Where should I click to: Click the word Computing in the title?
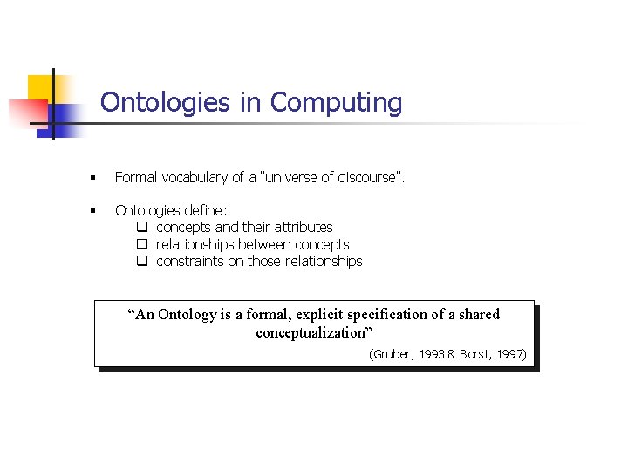(x=336, y=103)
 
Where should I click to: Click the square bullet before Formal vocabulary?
(x=92, y=178)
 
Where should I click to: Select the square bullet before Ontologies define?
(x=92, y=210)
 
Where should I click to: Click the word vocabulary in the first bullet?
(x=194, y=178)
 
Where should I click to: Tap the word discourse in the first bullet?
(x=361, y=178)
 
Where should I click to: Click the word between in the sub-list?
(x=264, y=244)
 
